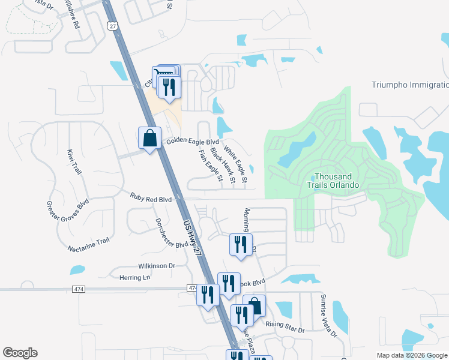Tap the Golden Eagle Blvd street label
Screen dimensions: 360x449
tap(193, 142)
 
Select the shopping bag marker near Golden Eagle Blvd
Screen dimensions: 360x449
tap(149, 138)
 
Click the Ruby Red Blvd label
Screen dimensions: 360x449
tap(151, 197)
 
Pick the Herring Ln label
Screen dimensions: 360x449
tap(135, 277)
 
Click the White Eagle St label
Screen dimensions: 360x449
tap(235, 164)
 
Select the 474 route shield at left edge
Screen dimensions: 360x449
tap(80, 289)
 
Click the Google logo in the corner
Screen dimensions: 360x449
tap(20, 353)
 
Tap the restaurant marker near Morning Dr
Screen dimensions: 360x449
tap(240, 244)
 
